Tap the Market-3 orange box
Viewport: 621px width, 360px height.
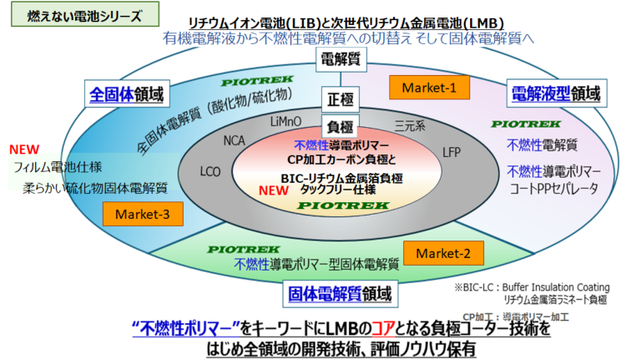[143, 214]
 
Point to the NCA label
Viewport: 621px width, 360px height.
[235, 139]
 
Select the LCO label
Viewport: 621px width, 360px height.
[210, 171]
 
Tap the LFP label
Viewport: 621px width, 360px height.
[451, 152]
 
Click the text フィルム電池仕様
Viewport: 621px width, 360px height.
[56, 168]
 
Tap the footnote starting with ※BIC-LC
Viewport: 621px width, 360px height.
[531, 287]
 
